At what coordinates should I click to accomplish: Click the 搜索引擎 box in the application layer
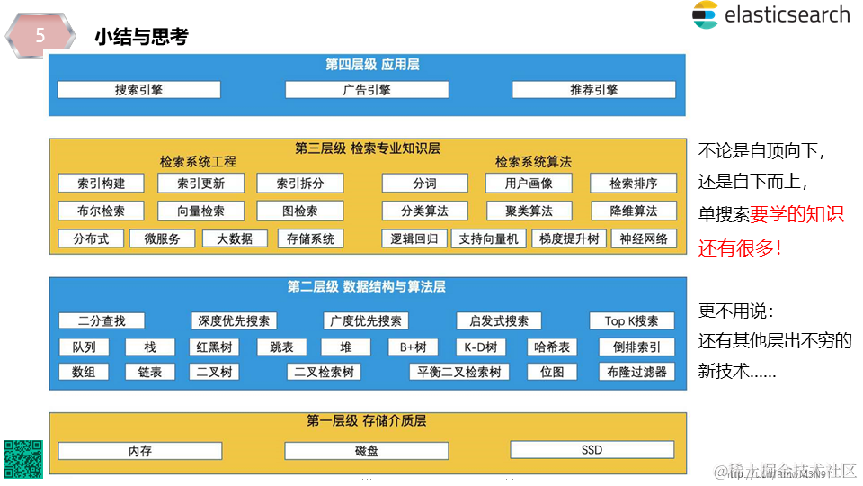click(x=138, y=90)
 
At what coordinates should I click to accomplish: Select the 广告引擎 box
click(x=366, y=90)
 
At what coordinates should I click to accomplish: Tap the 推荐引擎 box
click(x=593, y=90)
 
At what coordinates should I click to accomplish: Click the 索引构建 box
click(x=101, y=184)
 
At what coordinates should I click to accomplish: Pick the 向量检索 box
click(x=200, y=211)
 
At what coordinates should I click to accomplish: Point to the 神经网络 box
click(x=644, y=239)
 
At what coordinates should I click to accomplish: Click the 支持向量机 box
click(x=488, y=239)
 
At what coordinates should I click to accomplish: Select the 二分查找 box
click(x=102, y=321)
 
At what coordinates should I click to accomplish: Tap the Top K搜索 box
click(x=631, y=321)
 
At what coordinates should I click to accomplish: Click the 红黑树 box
click(x=214, y=347)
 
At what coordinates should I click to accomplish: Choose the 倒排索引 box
click(x=636, y=347)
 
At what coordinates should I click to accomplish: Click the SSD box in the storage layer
click(x=592, y=450)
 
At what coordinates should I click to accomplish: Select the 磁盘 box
click(x=366, y=451)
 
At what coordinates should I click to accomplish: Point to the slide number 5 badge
click(x=40, y=37)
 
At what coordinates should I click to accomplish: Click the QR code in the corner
click(x=22, y=459)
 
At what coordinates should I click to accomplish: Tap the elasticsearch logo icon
click(x=705, y=15)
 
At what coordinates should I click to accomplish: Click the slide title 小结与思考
click(x=140, y=38)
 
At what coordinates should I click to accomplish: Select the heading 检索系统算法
click(x=533, y=162)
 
